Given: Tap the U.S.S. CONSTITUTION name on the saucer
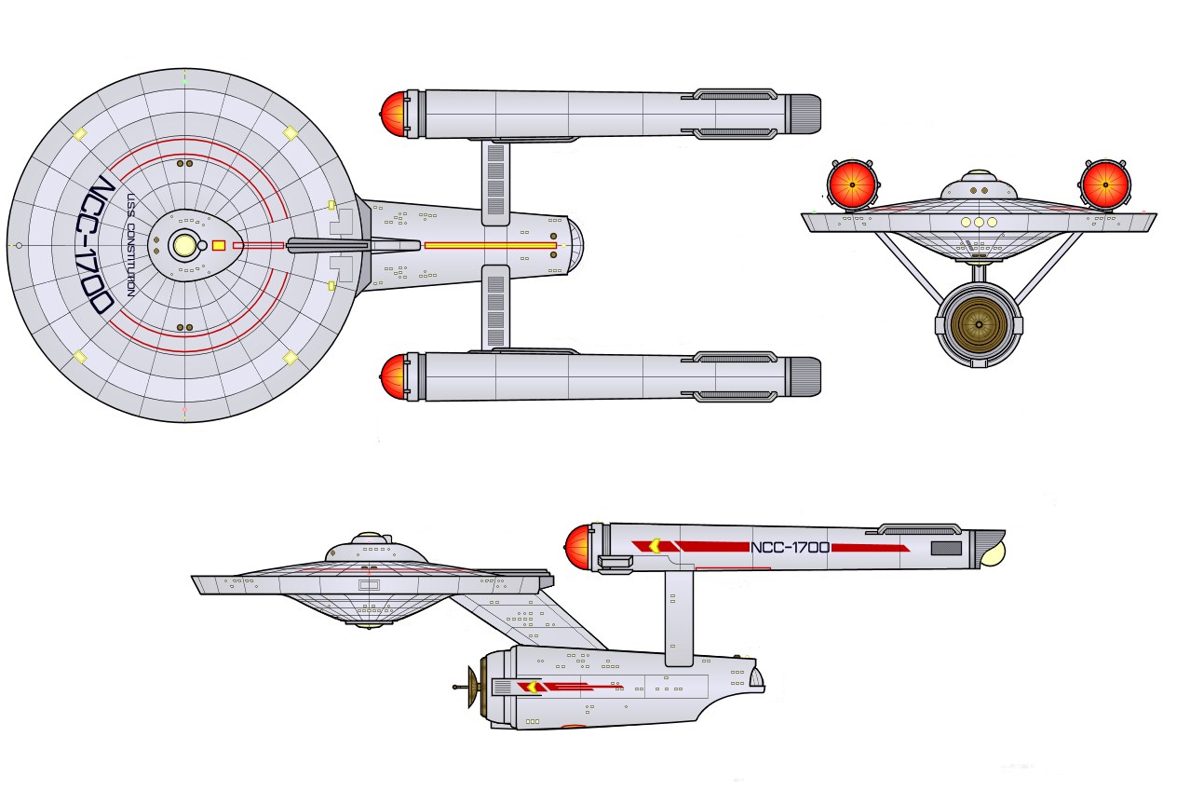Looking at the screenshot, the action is point(130,245).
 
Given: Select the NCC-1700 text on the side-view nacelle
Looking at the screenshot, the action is point(790,547).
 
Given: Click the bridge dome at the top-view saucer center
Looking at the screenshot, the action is point(184,245).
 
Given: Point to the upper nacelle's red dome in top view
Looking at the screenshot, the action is point(394,114).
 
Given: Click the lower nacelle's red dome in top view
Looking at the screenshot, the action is point(394,377).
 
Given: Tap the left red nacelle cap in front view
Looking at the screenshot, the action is point(852,185).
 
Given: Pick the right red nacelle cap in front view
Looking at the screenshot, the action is point(1105,185).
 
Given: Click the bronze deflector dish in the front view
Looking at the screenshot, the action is point(979,324).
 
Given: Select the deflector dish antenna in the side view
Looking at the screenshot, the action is point(468,687).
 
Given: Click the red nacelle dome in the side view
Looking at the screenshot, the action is point(578,548).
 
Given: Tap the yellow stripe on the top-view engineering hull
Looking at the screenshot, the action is point(490,246).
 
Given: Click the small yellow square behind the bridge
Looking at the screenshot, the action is point(219,245).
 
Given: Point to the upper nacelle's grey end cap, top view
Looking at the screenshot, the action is point(803,114).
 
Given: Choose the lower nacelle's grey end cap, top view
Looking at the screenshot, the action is point(803,377).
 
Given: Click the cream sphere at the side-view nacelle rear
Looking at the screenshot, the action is point(994,554).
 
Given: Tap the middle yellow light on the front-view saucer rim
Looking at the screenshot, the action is point(979,223).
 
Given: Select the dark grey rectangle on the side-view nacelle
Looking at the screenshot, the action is point(946,548).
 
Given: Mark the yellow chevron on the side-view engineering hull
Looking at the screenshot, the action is point(531,687).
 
